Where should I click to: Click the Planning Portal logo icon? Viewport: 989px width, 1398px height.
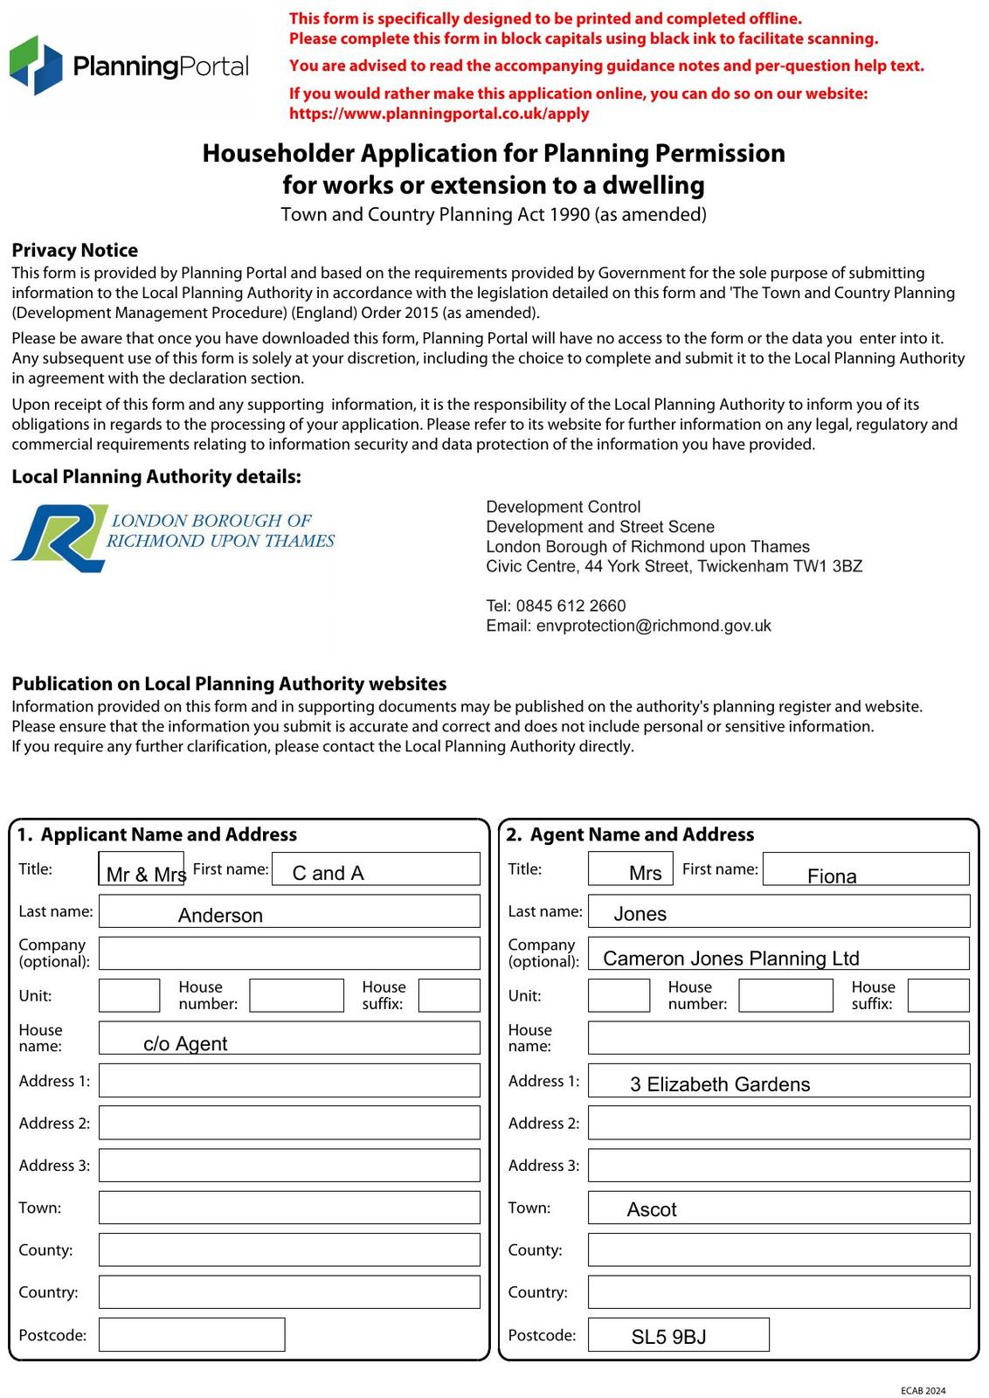click(x=36, y=66)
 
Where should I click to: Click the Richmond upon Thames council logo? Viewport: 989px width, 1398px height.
click(x=173, y=537)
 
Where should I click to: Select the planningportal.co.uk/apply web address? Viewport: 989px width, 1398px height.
click(x=439, y=114)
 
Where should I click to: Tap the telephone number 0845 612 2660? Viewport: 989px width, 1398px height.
click(x=571, y=606)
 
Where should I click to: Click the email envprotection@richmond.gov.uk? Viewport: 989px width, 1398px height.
click(x=654, y=626)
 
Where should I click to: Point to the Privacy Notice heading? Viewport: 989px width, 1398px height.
click(x=74, y=251)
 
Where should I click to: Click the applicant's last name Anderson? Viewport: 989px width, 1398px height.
click(x=220, y=915)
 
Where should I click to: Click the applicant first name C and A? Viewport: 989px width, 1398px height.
click(x=328, y=873)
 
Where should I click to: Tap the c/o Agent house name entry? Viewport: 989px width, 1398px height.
click(x=185, y=1043)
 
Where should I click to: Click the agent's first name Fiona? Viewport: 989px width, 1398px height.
click(x=832, y=876)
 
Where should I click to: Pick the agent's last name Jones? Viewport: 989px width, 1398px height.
click(x=640, y=914)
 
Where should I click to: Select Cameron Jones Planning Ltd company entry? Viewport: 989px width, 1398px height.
click(x=730, y=959)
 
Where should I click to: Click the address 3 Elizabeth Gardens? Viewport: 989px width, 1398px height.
click(x=720, y=1084)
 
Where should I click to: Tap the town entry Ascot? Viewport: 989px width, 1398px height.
click(x=652, y=1209)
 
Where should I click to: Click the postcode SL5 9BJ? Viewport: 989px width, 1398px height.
click(x=668, y=1337)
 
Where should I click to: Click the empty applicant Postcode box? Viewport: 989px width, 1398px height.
click(x=191, y=1334)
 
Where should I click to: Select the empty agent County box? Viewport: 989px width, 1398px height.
click(x=778, y=1249)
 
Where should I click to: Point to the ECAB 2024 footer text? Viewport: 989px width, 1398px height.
click(x=923, y=1390)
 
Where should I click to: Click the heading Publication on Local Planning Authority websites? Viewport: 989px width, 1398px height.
click(x=229, y=684)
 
